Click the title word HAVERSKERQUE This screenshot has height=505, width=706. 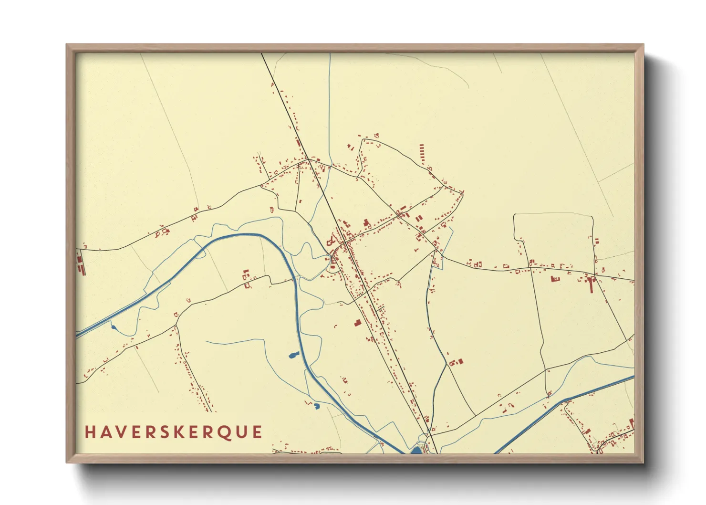[x=174, y=432]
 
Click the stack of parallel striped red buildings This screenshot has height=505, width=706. [x=421, y=154]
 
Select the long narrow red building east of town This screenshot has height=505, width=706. [x=593, y=284]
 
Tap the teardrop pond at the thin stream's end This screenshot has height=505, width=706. [x=114, y=327]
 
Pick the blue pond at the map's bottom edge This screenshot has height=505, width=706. [x=417, y=450]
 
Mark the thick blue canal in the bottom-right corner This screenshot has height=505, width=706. [x=563, y=401]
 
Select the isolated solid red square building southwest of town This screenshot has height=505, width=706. [x=357, y=323]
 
